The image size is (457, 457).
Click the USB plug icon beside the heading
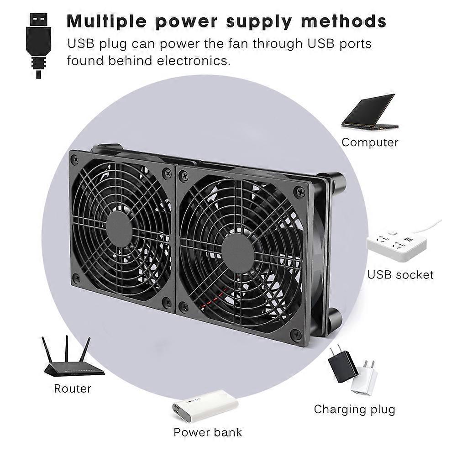38,46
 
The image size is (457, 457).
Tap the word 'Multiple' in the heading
107,21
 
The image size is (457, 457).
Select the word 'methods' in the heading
344,21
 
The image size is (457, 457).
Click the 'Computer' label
370,142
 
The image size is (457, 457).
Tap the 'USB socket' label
400,275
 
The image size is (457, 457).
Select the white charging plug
365,378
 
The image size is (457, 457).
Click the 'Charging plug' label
354,410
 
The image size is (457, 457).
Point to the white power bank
205,405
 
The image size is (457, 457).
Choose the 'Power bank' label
208,432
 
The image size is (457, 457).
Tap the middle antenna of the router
67,350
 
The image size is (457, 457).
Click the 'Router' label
73,389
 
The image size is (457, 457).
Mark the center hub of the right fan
238,252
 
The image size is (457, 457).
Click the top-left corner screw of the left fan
76,159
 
